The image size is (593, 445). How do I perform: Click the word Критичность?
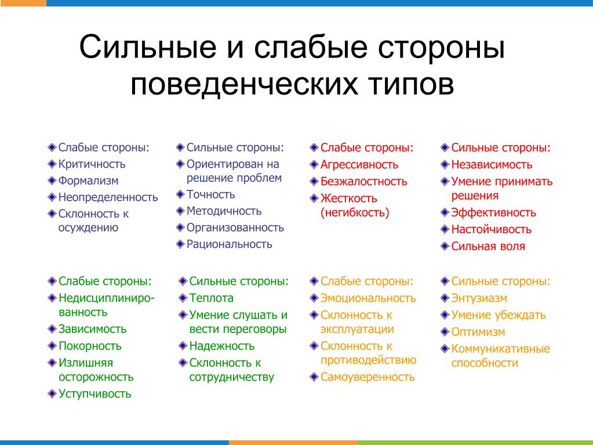pyautogui.click(x=92, y=164)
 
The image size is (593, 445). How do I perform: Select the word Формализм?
pyautogui.click(x=88, y=181)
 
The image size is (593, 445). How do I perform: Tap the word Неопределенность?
pyautogui.click(x=108, y=197)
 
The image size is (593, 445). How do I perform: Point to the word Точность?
pyautogui.click(x=210, y=194)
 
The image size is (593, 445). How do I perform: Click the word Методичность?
pyautogui.click(x=224, y=211)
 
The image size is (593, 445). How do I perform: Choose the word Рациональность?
pyautogui.click(x=229, y=244)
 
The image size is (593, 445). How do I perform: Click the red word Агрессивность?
pyautogui.click(x=359, y=165)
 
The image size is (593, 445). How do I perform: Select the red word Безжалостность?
pyautogui.click(x=364, y=182)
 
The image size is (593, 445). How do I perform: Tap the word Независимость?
pyautogui.click(x=492, y=165)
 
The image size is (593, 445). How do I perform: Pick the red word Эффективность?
pyautogui.click(x=493, y=213)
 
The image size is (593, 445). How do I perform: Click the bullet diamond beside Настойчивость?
pyautogui.click(x=445, y=229)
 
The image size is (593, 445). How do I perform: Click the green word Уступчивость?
pyautogui.click(x=95, y=394)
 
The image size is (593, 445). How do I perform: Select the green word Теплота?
pyautogui.click(x=212, y=298)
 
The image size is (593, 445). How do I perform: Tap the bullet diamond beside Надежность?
pyautogui.click(x=183, y=346)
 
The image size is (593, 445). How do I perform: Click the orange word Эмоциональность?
pyautogui.click(x=368, y=299)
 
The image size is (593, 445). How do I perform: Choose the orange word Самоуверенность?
pyautogui.click(x=368, y=377)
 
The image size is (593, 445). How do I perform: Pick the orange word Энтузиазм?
pyautogui.click(x=479, y=299)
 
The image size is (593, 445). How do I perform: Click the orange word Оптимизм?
pyautogui.click(x=478, y=332)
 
